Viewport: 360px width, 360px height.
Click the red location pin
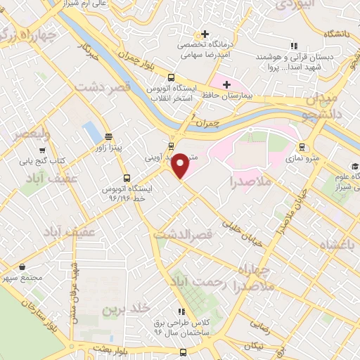(181, 165)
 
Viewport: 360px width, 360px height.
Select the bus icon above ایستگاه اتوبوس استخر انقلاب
(170, 78)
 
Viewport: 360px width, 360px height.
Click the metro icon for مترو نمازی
(302, 147)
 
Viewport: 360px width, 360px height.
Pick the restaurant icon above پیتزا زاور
(108, 136)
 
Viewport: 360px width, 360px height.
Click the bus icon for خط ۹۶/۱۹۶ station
(127, 177)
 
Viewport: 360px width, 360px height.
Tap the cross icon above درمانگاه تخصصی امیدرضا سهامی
(205, 34)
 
